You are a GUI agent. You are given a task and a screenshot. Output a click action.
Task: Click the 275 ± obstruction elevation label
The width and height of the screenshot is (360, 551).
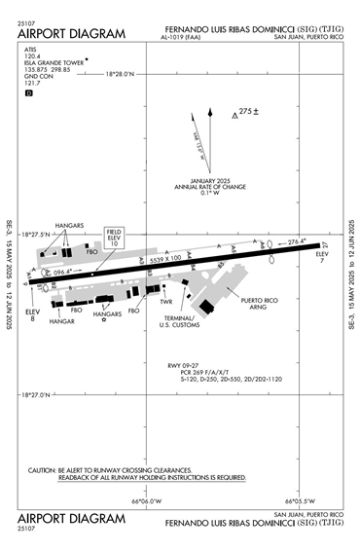(251, 112)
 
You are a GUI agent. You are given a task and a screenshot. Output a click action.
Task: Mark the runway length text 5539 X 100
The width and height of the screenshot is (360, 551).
(160, 258)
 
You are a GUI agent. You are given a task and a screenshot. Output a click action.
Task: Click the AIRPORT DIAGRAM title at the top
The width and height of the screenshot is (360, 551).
(72, 34)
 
